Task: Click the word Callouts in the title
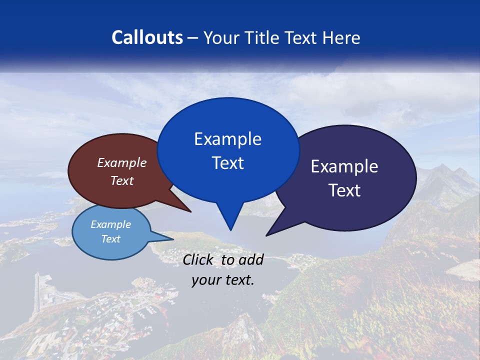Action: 147,37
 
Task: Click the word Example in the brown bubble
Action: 122,162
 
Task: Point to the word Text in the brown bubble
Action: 122,180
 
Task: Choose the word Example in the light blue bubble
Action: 111,224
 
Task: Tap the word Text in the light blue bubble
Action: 111,239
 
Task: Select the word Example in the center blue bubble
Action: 227,139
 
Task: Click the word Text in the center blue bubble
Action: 227,163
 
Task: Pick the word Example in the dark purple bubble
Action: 344,166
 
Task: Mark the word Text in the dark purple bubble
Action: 344,190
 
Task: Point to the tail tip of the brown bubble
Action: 190,212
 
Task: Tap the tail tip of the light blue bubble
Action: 173,238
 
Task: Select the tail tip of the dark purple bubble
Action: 266,235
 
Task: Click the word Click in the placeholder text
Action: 199,259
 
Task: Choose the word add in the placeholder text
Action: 251,259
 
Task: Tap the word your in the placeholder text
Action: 205,280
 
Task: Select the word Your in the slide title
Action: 221,37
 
